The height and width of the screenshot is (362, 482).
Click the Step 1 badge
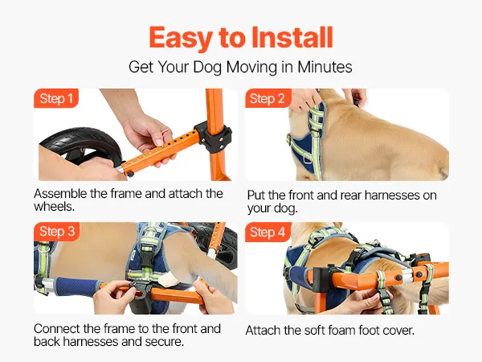coord(56,98)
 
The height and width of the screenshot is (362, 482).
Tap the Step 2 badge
coord(268,98)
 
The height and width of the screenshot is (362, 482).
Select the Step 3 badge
coord(56,232)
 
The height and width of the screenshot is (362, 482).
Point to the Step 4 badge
coord(268,232)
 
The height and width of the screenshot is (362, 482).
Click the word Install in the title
coord(292,37)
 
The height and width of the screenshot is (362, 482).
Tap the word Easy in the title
coord(180,39)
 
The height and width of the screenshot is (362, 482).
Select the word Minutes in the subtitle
coord(325,67)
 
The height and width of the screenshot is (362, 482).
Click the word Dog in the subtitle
coord(207,68)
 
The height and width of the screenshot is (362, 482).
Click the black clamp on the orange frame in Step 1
coord(213,137)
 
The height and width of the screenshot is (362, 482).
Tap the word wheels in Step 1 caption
coord(54,207)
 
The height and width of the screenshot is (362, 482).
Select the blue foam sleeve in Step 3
coord(77,287)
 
